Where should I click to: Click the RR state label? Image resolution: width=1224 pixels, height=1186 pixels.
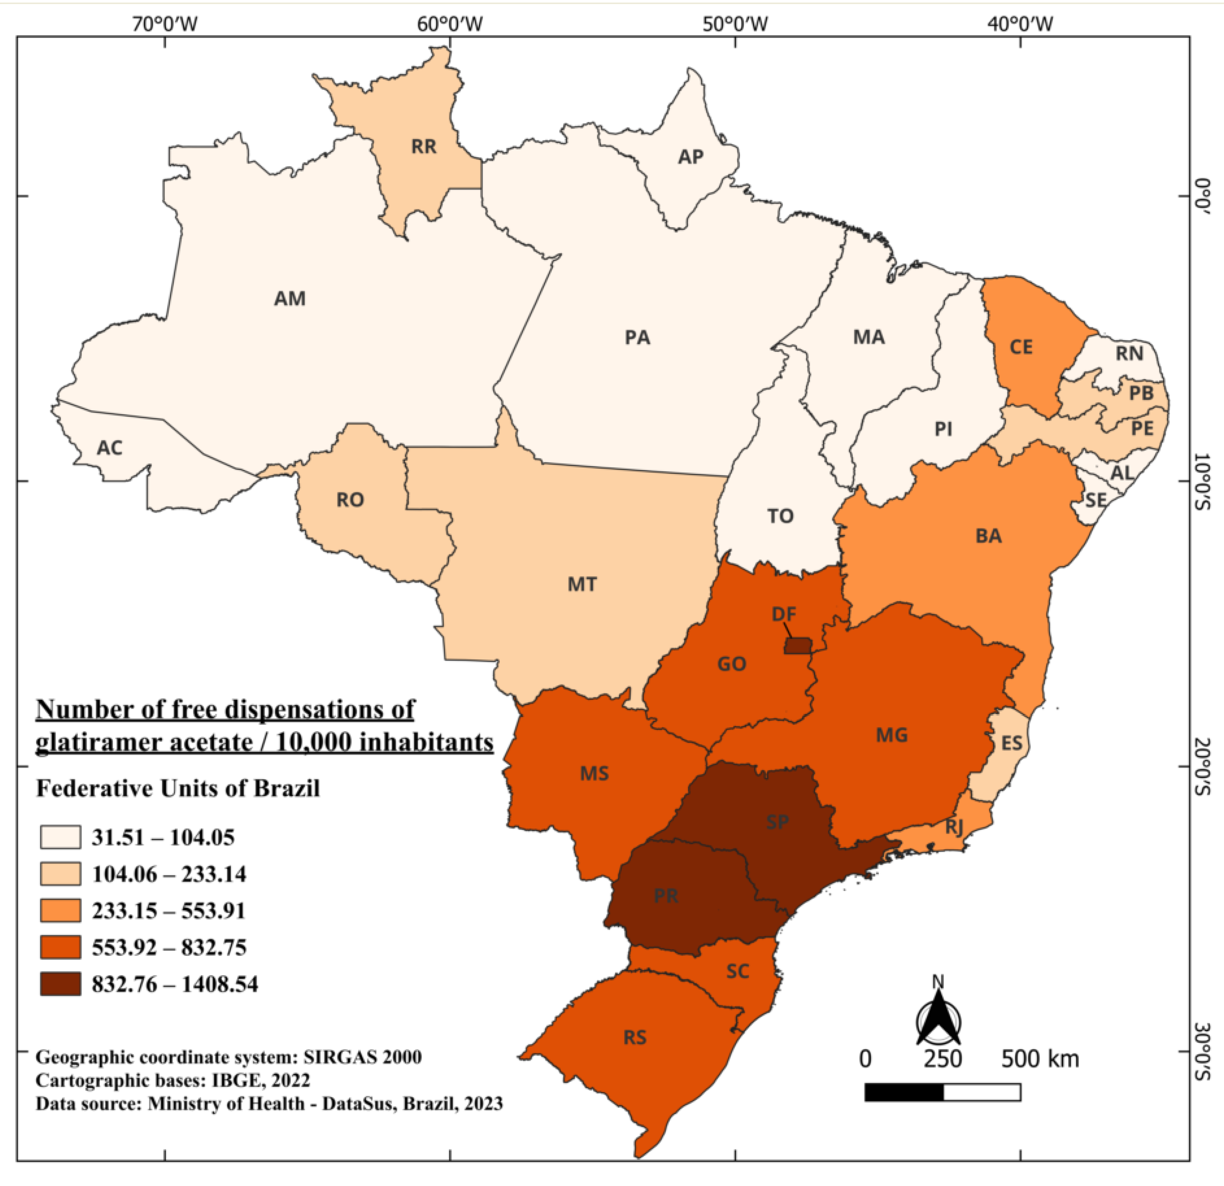423,147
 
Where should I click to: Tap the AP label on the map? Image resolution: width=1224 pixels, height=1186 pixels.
691,157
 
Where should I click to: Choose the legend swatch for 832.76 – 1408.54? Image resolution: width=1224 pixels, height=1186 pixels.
61,984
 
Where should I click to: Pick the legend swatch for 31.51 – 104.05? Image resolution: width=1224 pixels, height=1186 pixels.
61,837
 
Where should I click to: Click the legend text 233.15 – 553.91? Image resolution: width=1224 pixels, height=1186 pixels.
169,911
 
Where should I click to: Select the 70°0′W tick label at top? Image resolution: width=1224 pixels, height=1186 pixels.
165,24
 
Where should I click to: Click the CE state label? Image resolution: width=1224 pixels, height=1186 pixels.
1021,347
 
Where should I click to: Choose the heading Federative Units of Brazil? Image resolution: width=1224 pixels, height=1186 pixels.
178,788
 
